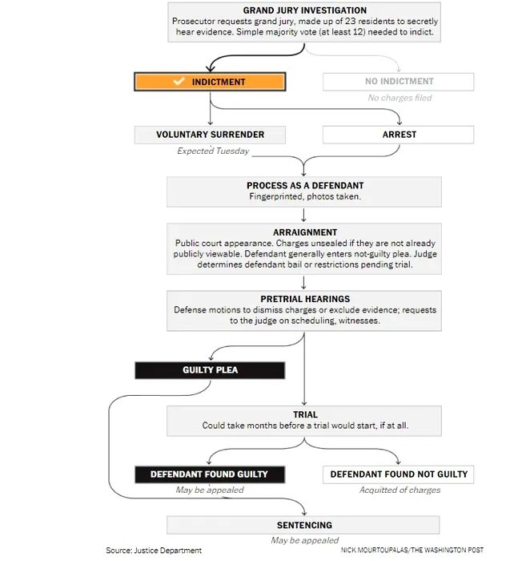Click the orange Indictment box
(210, 82)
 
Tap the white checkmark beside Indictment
(179, 81)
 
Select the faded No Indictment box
(399, 82)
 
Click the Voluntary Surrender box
(210, 135)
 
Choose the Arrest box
(399, 135)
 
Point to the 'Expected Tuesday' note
(213, 151)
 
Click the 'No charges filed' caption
(400, 98)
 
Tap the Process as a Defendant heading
(305, 185)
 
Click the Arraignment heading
(305, 232)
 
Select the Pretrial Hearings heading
(305, 299)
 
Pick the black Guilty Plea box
(210, 370)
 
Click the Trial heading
(305, 414)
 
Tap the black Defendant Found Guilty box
(210, 474)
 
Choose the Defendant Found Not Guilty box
(399, 474)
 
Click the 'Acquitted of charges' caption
(400, 490)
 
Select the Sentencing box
(303, 525)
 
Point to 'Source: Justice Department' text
(154, 551)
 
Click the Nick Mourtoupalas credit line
(412, 550)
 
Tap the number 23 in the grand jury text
(350, 21)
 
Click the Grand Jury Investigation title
(305, 10)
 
